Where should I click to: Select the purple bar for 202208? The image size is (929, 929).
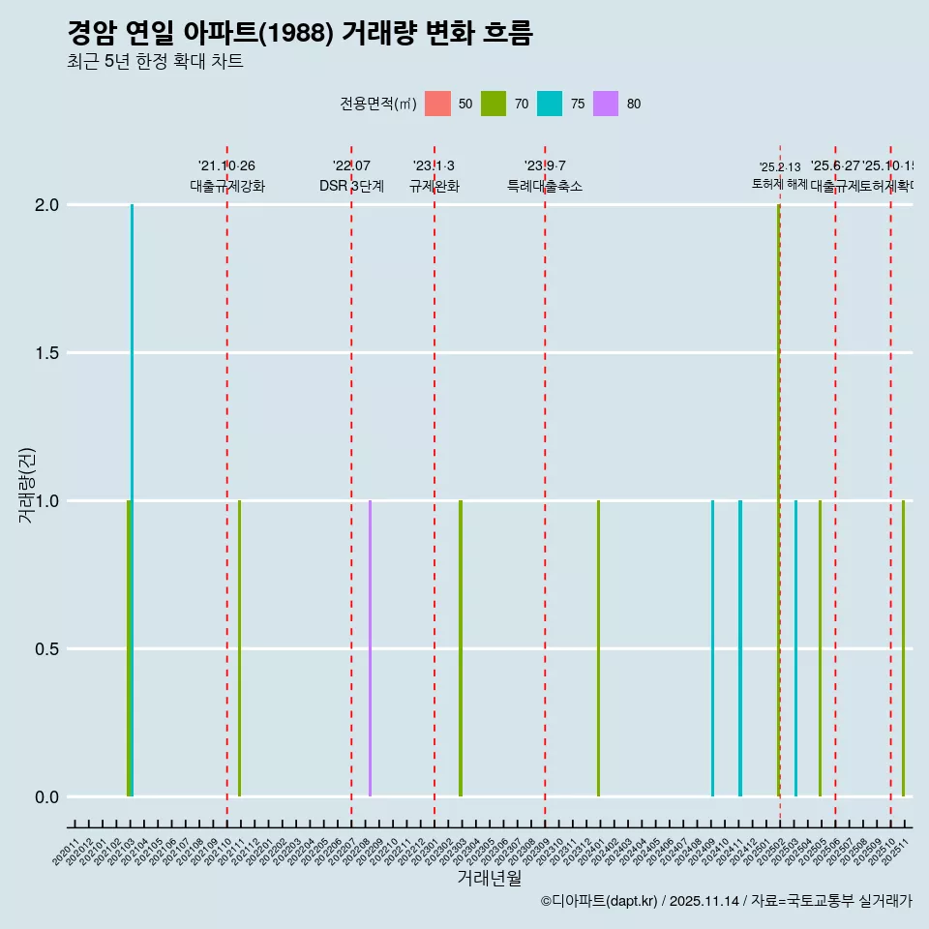pyautogui.click(x=370, y=648)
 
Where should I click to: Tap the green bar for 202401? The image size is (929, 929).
pyautogui.click(x=598, y=648)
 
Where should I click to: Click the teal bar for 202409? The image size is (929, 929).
pyautogui.click(x=712, y=648)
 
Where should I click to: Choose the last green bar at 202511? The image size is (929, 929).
pyautogui.click(x=903, y=648)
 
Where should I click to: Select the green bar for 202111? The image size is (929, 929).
pyautogui.click(x=239, y=648)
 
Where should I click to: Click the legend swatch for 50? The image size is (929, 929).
pyautogui.click(x=437, y=104)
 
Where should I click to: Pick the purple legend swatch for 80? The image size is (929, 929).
pyautogui.click(x=606, y=104)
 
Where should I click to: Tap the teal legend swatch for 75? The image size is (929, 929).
pyautogui.click(x=550, y=104)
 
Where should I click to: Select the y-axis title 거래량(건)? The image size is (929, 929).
pyautogui.click(x=26, y=484)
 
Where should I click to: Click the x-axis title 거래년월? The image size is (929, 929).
pyautogui.click(x=489, y=879)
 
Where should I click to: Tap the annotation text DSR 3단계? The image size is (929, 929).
pyautogui.click(x=351, y=186)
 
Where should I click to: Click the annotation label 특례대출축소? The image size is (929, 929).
pyautogui.click(x=545, y=186)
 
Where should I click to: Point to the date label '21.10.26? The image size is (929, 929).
pyautogui.click(x=226, y=166)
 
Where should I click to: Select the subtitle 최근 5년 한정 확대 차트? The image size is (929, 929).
pyautogui.click(x=155, y=62)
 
